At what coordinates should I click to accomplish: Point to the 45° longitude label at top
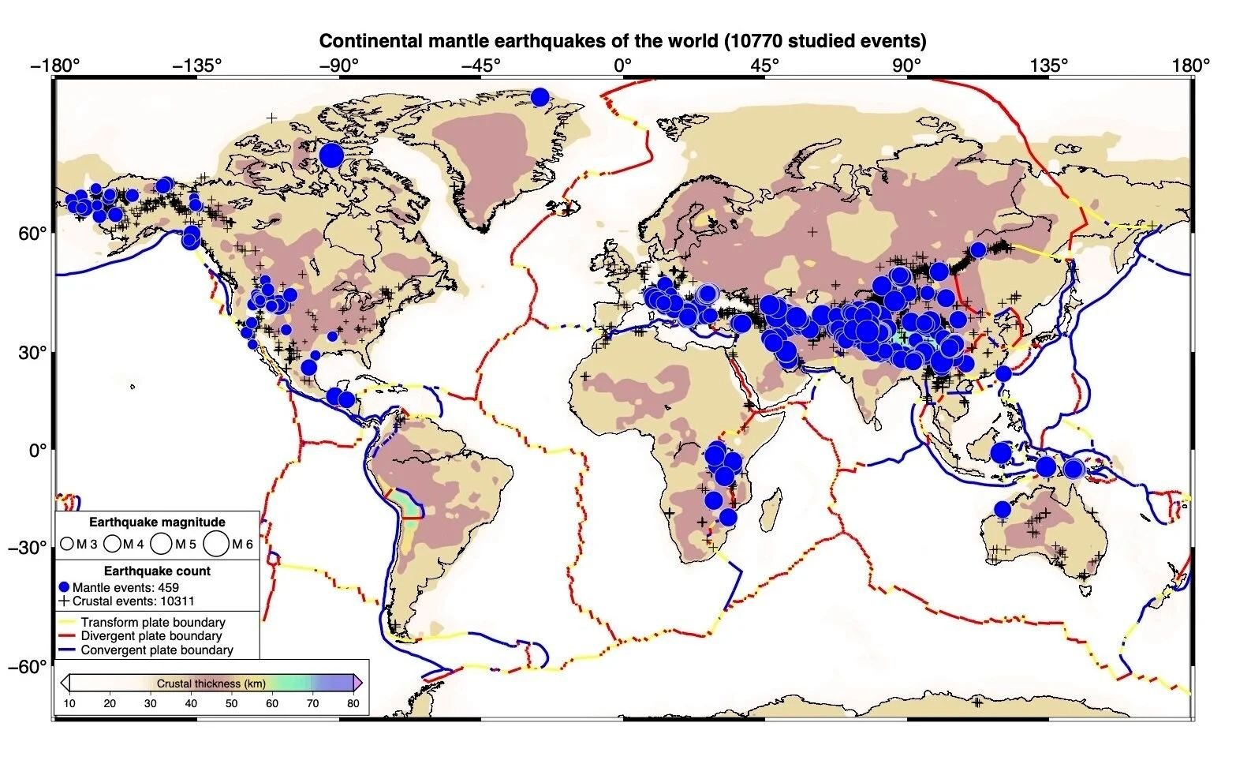click(765, 66)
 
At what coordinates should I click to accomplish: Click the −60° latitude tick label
click(28, 667)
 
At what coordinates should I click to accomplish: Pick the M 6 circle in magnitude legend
click(215, 544)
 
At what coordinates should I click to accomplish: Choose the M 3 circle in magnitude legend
click(67, 545)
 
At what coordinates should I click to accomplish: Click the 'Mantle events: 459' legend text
click(125, 587)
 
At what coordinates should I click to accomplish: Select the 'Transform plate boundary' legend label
click(153, 623)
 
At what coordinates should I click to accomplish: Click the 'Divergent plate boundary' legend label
click(151, 636)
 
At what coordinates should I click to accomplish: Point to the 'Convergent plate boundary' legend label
click(157, 650)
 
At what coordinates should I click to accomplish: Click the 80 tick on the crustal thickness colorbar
click(353, 704)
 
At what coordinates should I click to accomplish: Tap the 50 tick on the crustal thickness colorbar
click(232, 704)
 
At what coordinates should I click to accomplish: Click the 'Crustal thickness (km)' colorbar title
click(211, 683)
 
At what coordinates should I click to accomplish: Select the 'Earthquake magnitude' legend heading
click(157, 522)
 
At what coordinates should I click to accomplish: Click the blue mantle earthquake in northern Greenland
click(540, 97)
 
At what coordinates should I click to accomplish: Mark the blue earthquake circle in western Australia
click(1002, 509)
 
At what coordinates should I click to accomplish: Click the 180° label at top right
click(1191, 66)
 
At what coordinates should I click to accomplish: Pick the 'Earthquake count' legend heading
click(157, 571)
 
